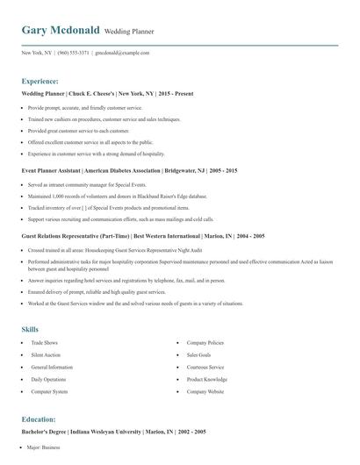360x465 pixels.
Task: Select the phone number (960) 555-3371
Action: tap(73, 53)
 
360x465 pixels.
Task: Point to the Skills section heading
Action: tap(30, 329)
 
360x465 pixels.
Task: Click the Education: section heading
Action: tap(43, 419)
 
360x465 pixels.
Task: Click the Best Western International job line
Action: tap(122, 236)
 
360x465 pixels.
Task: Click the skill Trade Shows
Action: tap(44, 342)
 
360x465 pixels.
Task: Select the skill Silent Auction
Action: tap(46, 354)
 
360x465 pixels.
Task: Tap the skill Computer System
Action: tap(48, 391)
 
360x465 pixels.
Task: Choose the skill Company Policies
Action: tap(205, 342)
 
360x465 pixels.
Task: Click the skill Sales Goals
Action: tap(199, 354)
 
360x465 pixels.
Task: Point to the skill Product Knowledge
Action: tap(207, 379)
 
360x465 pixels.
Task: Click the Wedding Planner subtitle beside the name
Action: tap(129, 32)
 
